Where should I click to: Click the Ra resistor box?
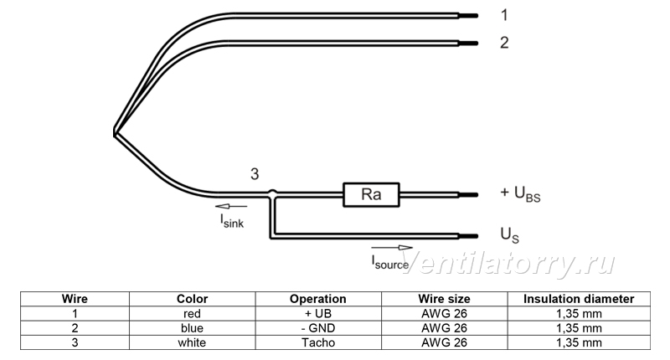coord(371,195)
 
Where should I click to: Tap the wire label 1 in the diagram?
coord(504,15)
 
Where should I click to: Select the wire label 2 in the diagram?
coord(504,43)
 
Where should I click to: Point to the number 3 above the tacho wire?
coord(255,174)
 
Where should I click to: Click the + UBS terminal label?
coord(520,194)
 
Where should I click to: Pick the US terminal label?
coord(509,235)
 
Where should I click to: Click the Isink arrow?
coord(231,207)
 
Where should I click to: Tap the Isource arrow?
coord(392,247)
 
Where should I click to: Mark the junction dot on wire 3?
coord(272,194)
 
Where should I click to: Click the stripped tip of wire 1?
coord(468,16)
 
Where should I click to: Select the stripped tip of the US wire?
coord(468,236)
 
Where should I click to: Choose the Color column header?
coord(193,299)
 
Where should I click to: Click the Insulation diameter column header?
coord(579,299)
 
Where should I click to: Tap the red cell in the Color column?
coord(192,314)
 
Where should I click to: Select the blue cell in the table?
coord(192,328)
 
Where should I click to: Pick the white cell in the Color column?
coord(192,343)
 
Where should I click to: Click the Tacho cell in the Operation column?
coord(318,343)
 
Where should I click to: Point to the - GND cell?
coord(318,328)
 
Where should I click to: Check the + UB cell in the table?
coord(318,314)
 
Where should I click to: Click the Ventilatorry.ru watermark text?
coord(508,263)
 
